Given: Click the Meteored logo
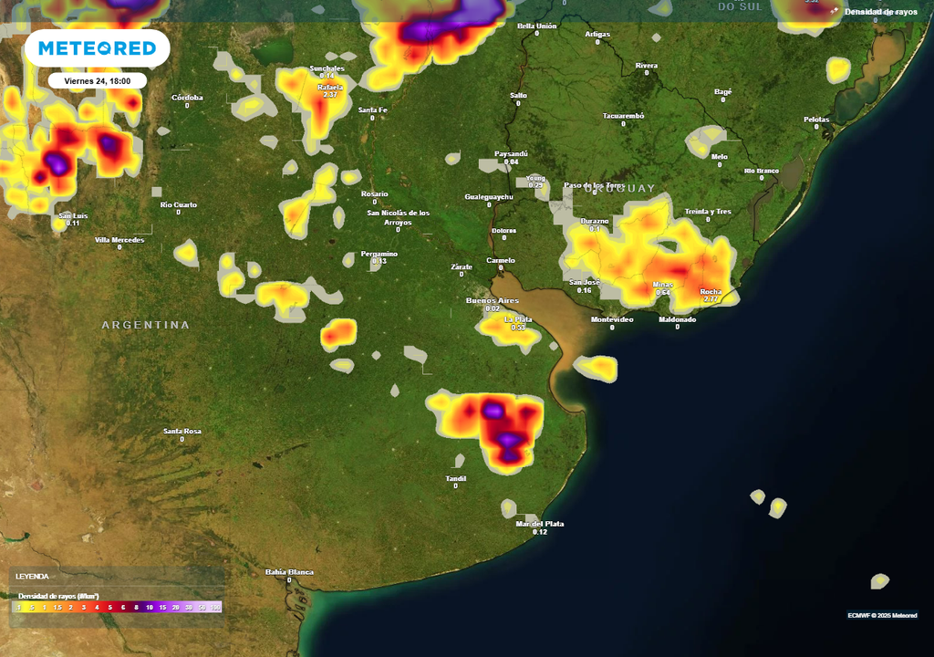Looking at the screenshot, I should point(97,48).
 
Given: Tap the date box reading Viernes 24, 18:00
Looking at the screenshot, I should point(97,80).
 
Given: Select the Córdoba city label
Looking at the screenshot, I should point(187,98).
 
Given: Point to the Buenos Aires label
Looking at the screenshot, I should point(492,300).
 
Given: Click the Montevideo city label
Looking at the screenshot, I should point(612,319).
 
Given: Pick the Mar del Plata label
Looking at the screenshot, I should point(539,524).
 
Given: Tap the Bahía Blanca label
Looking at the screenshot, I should point(289,572).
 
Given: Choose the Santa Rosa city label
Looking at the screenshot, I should point(182,431).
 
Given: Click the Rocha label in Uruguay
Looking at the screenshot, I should point(711,291).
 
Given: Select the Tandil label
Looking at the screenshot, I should point(455,478).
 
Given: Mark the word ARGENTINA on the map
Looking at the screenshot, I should point(145,325).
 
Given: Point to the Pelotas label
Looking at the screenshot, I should point(816,120).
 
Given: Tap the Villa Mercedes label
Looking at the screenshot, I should point(119,240).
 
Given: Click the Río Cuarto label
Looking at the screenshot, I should point(178,204).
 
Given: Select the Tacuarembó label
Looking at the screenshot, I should point(624,116).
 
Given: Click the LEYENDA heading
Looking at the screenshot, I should point(32,577).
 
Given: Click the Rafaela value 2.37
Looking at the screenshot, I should point(330,95).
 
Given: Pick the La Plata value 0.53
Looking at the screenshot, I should point(518,327).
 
